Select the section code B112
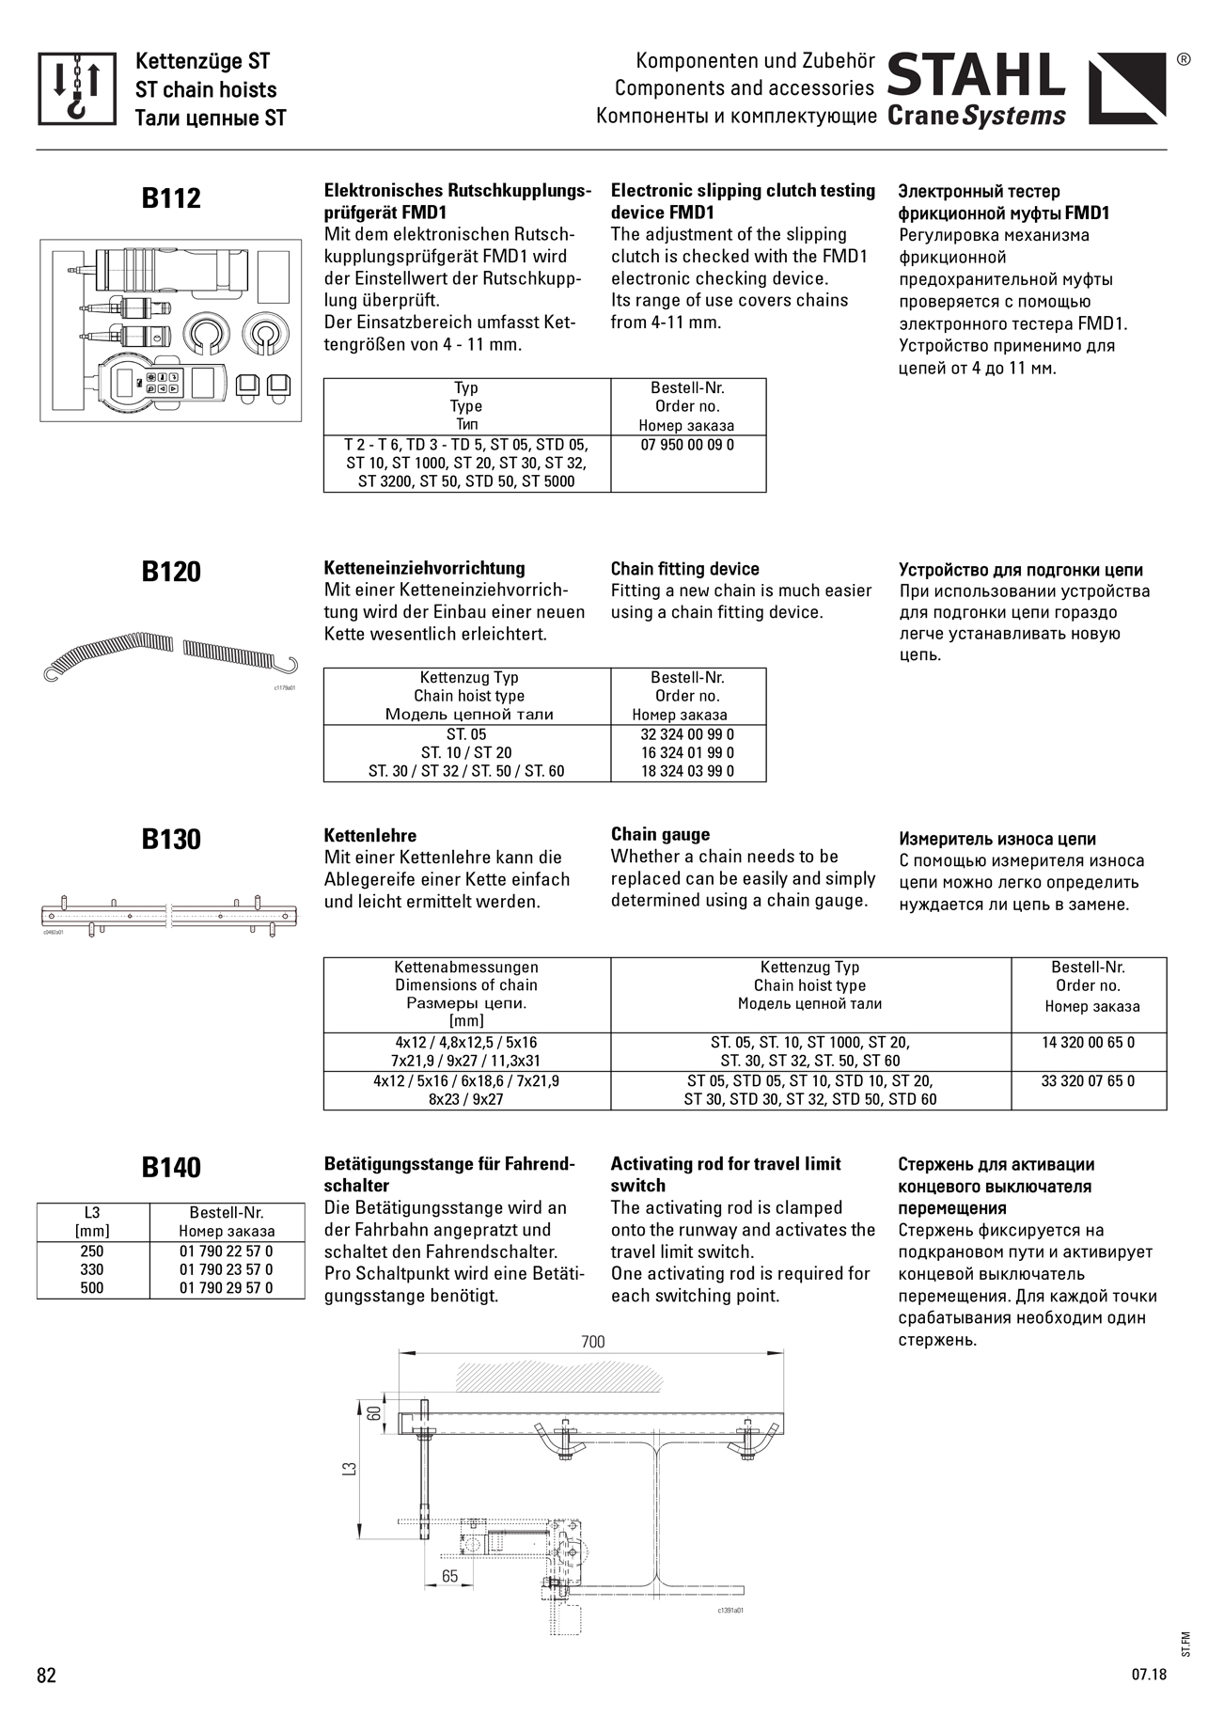(x=171, y=198)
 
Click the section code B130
(x=171, y=839)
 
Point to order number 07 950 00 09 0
(x=687, y=445)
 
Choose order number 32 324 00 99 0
(x=687, y=734)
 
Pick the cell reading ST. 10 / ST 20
(x=466, y=753)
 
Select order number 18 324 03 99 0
(x=687, y=771)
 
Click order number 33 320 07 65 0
(x=1088, y=1081)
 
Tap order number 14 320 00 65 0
(x=1088, y=1043)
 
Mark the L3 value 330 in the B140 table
(x=92, y=1269)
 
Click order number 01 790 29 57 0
(x=227, y=1288)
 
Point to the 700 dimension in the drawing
(x=593, y=1342)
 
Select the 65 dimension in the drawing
(x=450, y=1576)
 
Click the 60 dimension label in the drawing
(x=373, y=1413)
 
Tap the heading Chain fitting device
(x=684, y=569)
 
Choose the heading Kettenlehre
(x=370, y=835)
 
